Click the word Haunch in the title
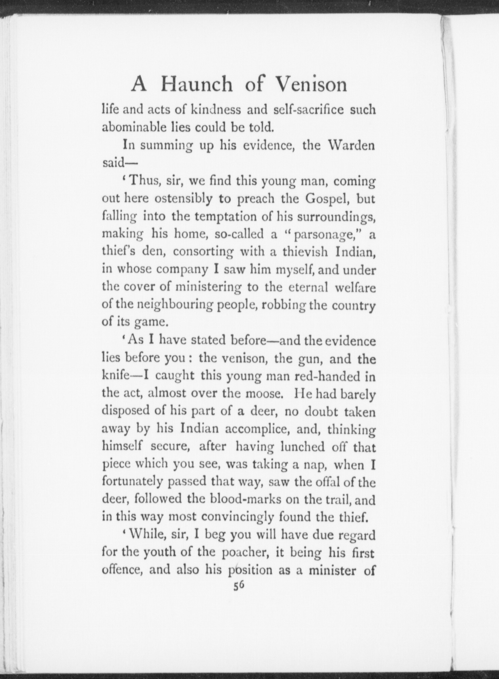(197, 85)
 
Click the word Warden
(353, 146)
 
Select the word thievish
(300, 252)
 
